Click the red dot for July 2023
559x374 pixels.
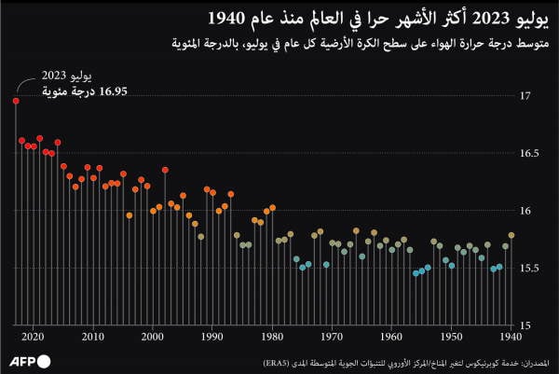[x=16, y=100]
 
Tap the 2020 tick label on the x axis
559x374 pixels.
[x=34, y=337]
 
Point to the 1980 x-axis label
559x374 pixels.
[x=272, y=337]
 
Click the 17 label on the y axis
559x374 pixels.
[x=525, y=96]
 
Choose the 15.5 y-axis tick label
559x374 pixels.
[x=529, y=269]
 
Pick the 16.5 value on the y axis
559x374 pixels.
[x=529, y=153]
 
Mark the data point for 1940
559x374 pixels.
[x=511, y=236]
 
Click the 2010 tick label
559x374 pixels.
[x=93, y=337]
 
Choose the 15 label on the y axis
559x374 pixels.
[x=525, y=326]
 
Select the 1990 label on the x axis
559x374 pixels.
[x=212, y=337]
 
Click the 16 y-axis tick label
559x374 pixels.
[x=525, y=211]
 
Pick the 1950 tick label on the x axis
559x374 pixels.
[x=452, y=337]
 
